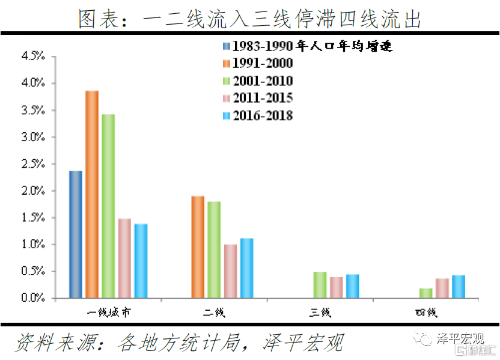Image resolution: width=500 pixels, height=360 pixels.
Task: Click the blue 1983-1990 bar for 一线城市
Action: point(76,234)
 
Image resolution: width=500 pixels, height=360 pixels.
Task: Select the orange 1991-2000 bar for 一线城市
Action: point(92,194)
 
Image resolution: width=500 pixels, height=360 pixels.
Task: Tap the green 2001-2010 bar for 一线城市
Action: point(108,206)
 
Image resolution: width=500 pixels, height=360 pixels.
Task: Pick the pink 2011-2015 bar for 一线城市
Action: point(124,258)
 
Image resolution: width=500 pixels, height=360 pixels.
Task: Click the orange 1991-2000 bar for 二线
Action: point(198,247)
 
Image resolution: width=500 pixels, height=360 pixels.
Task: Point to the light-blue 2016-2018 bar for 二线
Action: point(246,268)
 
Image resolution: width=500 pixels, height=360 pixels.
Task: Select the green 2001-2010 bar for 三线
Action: point(320,285)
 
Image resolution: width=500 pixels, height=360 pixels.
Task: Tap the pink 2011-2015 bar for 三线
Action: point(336,287)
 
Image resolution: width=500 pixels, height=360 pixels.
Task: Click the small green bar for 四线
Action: point(425,293)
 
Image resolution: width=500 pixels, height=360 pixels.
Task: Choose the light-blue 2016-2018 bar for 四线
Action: point(458,287)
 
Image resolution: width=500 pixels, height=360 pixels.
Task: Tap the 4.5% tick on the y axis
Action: point(34,56)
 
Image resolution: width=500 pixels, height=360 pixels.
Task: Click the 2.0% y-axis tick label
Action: point(34,191)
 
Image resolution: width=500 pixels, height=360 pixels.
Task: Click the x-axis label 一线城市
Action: point(108,313)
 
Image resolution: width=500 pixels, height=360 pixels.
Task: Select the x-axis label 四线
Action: point(425,313)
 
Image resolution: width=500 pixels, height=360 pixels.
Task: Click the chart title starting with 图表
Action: point(249,19)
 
